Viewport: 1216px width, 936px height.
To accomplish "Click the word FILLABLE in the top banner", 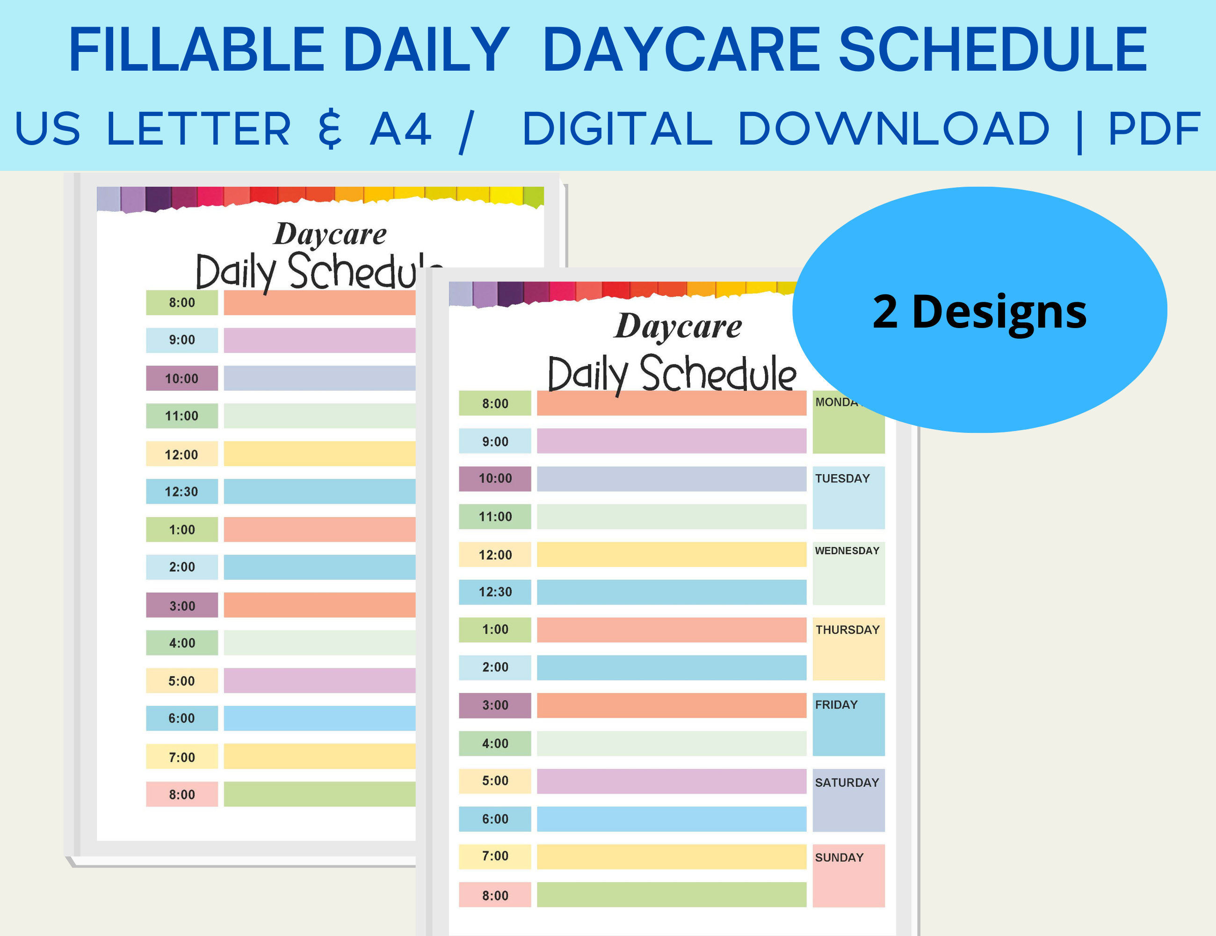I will (x=196, y=50).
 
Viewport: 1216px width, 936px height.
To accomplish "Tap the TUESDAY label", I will (x=842, y=479).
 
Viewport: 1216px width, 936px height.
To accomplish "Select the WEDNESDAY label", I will (x=847, y=551).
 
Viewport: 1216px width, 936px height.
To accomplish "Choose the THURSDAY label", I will (x=847, y=630).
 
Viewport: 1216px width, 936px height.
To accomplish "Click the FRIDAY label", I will (x=836, y=705).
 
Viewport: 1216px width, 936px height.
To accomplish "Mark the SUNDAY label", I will (x=839, y=858).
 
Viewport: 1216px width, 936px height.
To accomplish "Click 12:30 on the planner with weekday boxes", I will (x=495, y=592).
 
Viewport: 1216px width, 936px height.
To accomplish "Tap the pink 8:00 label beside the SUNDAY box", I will (x=495, y=896).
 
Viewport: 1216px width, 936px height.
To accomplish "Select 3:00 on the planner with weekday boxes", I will (x=495, y=705).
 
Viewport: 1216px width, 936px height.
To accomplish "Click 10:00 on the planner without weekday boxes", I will (x=181, y=379).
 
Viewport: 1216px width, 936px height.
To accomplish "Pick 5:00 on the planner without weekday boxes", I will (x=181, y=681).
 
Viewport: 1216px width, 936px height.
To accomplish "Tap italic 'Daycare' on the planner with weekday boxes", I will (x=678, y=327).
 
